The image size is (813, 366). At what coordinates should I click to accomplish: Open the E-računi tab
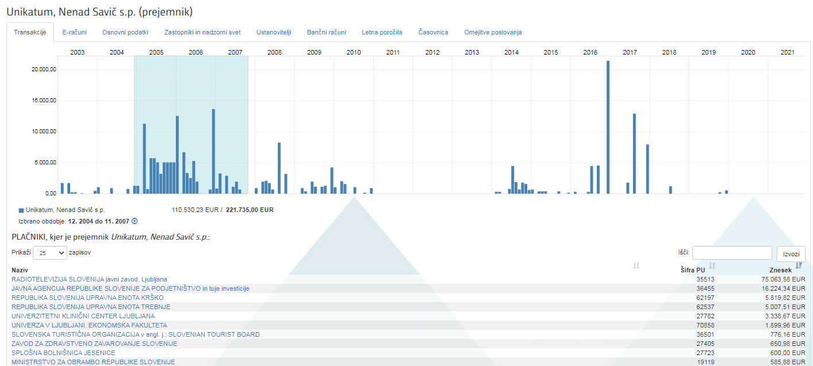pos(74,32)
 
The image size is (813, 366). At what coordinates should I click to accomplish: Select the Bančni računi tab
pos(327,32)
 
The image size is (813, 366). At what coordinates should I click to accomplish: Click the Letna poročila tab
pos(382,32)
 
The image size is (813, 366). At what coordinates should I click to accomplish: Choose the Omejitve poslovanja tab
pos(493,32)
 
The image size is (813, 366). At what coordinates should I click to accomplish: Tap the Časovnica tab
pos(433,32)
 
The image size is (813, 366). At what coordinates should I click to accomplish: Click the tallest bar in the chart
pos(608,126)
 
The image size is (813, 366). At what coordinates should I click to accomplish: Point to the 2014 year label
pos(511,52)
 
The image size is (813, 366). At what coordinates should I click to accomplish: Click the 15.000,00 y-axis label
pos(44,101)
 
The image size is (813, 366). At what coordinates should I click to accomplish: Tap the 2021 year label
pos(787,52)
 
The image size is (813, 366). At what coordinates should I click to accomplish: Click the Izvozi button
pos(791,254)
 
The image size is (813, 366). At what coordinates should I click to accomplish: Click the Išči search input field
pos(732,253)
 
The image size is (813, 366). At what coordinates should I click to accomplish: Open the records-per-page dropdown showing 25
pos(50,253)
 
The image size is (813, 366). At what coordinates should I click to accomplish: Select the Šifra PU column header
pos(692,270)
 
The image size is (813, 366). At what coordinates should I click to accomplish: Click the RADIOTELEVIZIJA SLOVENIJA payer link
pos(89,279)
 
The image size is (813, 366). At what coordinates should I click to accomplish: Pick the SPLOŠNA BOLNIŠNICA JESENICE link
pos(63,353)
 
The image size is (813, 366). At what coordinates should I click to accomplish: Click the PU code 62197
pos(705,298)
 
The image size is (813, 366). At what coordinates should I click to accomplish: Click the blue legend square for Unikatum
pos(21,210)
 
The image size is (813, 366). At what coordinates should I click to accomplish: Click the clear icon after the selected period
pos(135,221)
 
